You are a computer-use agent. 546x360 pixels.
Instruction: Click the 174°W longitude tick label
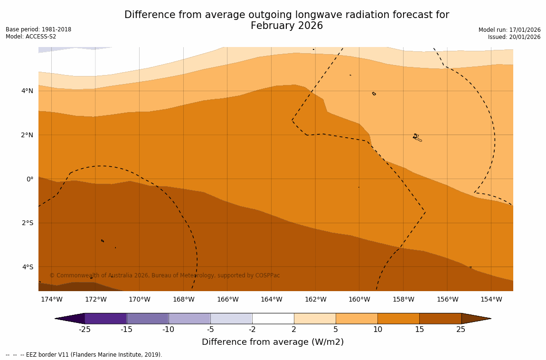pos(51,299)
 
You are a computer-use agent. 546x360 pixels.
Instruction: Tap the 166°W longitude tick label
pos(227,299)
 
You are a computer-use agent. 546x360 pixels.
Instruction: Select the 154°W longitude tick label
pos(491,299)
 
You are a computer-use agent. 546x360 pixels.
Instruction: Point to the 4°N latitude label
pos(28,91)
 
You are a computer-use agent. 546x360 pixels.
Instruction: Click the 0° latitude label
pos(30,179)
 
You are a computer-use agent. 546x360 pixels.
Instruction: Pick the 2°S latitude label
pos(28,223)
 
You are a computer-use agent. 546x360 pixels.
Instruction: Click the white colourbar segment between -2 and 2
pos(273,318)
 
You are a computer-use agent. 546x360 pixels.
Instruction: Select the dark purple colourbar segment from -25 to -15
pos(105,318)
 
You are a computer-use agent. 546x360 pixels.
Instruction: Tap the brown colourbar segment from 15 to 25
pos(440,318)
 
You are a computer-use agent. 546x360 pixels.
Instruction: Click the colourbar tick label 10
pos(377,330)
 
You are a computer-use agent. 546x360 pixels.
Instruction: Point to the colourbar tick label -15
pos(126,330)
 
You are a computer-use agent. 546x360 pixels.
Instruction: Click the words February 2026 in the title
pos(287,26)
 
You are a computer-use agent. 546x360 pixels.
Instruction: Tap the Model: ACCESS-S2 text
pos(31,37)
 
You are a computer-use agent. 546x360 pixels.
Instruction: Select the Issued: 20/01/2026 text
pos(514,37)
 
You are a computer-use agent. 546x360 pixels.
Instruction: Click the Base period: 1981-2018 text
pos(38,29)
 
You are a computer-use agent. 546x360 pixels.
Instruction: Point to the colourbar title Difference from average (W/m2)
pos(273,342)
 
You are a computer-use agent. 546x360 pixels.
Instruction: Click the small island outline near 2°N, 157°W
pos(417,137)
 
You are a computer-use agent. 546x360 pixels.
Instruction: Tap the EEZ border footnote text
pos(84,355)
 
